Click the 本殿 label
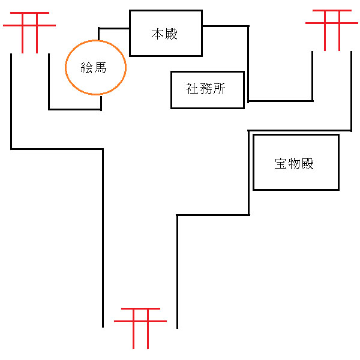pos(165,34)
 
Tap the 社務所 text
pos(207,90)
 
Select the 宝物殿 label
pos(295,163)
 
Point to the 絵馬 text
pos(94,68)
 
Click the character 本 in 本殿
pos(158,34)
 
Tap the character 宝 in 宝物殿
pos(281,163)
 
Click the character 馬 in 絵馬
pos(101,68)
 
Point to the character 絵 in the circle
pos(88,68)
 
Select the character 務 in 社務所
pos(207,90)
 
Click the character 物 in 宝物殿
pos(295,163)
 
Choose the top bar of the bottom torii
pos(140,310)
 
